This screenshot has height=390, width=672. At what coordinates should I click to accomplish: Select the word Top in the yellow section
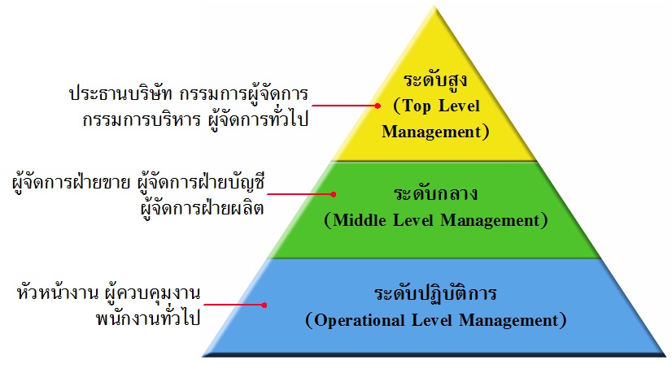(x=417, y=106)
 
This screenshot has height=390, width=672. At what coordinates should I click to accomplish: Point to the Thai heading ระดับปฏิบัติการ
(x=434, y=294)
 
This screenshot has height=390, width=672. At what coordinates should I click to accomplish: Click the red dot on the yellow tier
(x=377, y=105)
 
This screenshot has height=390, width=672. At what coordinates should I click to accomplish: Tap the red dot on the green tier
(x=334, y=194)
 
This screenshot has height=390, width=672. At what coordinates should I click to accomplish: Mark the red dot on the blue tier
(x=264, y=305)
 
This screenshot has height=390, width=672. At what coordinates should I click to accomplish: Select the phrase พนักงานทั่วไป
(x=147, y=318)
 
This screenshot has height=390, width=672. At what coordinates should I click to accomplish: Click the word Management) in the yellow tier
(x=435, y=131)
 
